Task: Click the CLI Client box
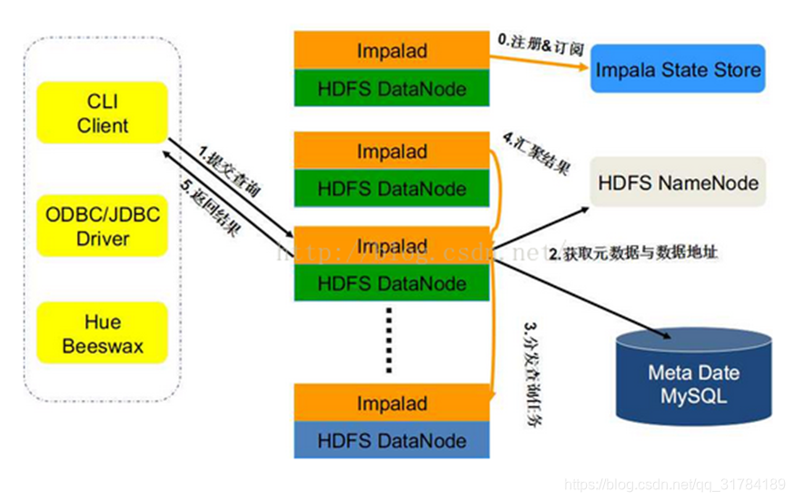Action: [102, 113]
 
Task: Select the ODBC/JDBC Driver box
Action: [102, 226]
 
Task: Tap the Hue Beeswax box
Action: [102, 333]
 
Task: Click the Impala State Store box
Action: [678, 70]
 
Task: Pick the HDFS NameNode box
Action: [678, 182]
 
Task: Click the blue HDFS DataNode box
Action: [392, 441]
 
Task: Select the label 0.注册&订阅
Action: [540, 42]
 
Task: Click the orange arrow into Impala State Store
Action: [540, 62]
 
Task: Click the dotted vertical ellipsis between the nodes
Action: [389, 339]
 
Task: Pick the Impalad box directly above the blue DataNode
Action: [392, 403]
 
